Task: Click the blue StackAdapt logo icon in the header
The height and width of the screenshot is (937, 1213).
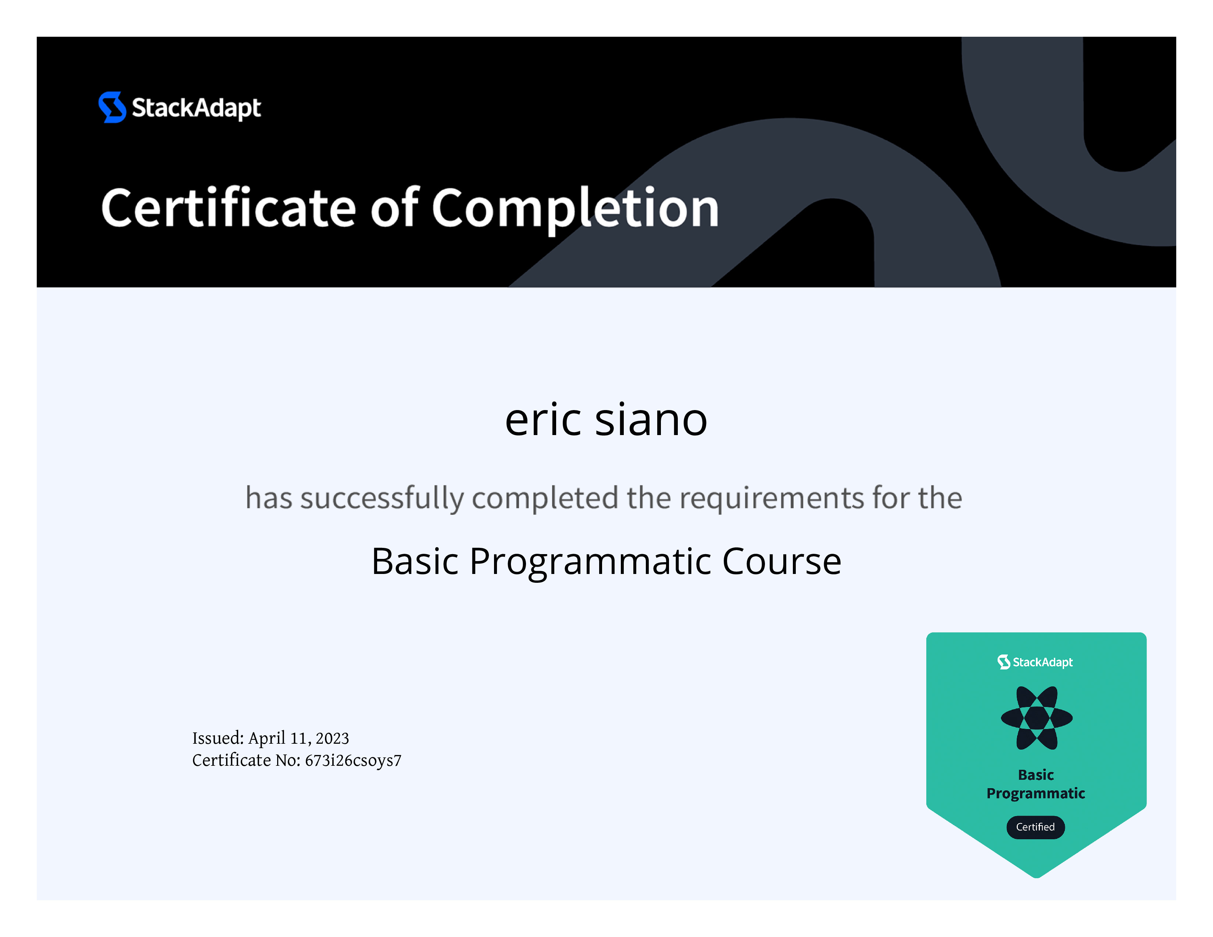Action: pos(112,107)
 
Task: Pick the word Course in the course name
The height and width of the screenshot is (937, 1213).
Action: pos(782,561)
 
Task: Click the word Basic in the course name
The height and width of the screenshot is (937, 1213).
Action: pos(415,561)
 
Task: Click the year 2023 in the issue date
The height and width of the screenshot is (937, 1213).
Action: pos(332,738)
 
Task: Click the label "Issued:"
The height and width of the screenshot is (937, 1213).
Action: pos(218,738)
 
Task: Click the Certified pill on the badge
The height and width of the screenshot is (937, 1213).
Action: pos(1035,827)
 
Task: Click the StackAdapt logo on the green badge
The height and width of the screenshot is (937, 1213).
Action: pos(1035,662)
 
